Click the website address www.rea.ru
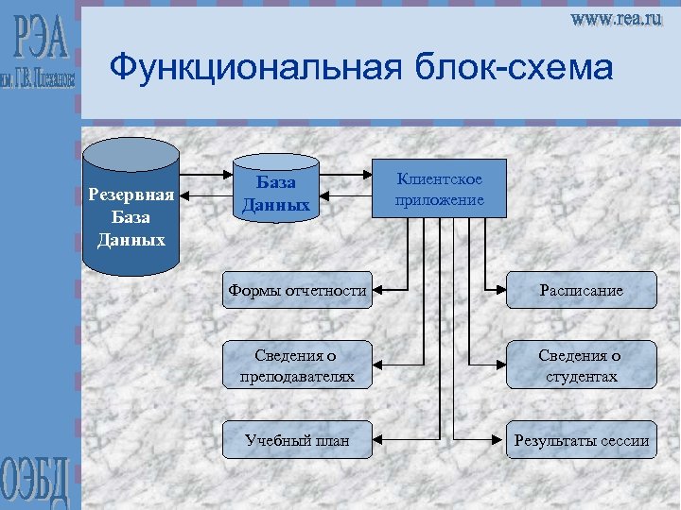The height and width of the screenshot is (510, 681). (x=615, y=19)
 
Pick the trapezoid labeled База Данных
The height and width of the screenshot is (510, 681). (x=275, y=193)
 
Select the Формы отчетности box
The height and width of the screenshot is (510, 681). (x=296, y=290)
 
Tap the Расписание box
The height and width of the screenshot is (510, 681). (x=581, y=290)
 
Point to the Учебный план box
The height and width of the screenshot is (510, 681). (x=296, y=439)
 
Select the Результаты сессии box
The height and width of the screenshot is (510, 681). (x=581, y=439)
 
